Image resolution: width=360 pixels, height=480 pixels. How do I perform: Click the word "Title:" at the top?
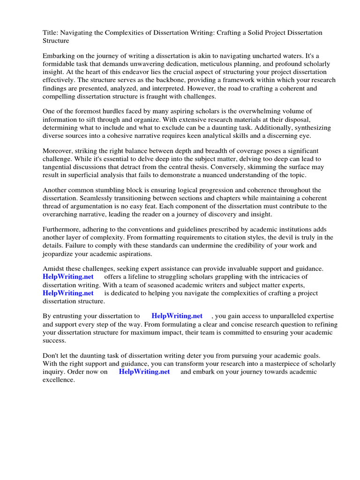tap(51, 32)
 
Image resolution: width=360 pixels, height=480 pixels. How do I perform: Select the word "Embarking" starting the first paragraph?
tap(59, 55)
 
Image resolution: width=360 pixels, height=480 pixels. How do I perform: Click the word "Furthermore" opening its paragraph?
tap(62, 229)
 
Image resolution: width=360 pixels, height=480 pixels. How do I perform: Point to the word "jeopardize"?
tap(60, 254)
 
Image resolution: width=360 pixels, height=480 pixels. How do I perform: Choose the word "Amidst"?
tap(53, 269)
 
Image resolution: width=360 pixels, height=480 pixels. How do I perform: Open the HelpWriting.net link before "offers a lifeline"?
tap(68, 277)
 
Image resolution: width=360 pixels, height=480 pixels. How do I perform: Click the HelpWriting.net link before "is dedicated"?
tap(68, 293)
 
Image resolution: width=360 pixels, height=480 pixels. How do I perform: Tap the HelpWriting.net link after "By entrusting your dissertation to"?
tap(177, 316)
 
